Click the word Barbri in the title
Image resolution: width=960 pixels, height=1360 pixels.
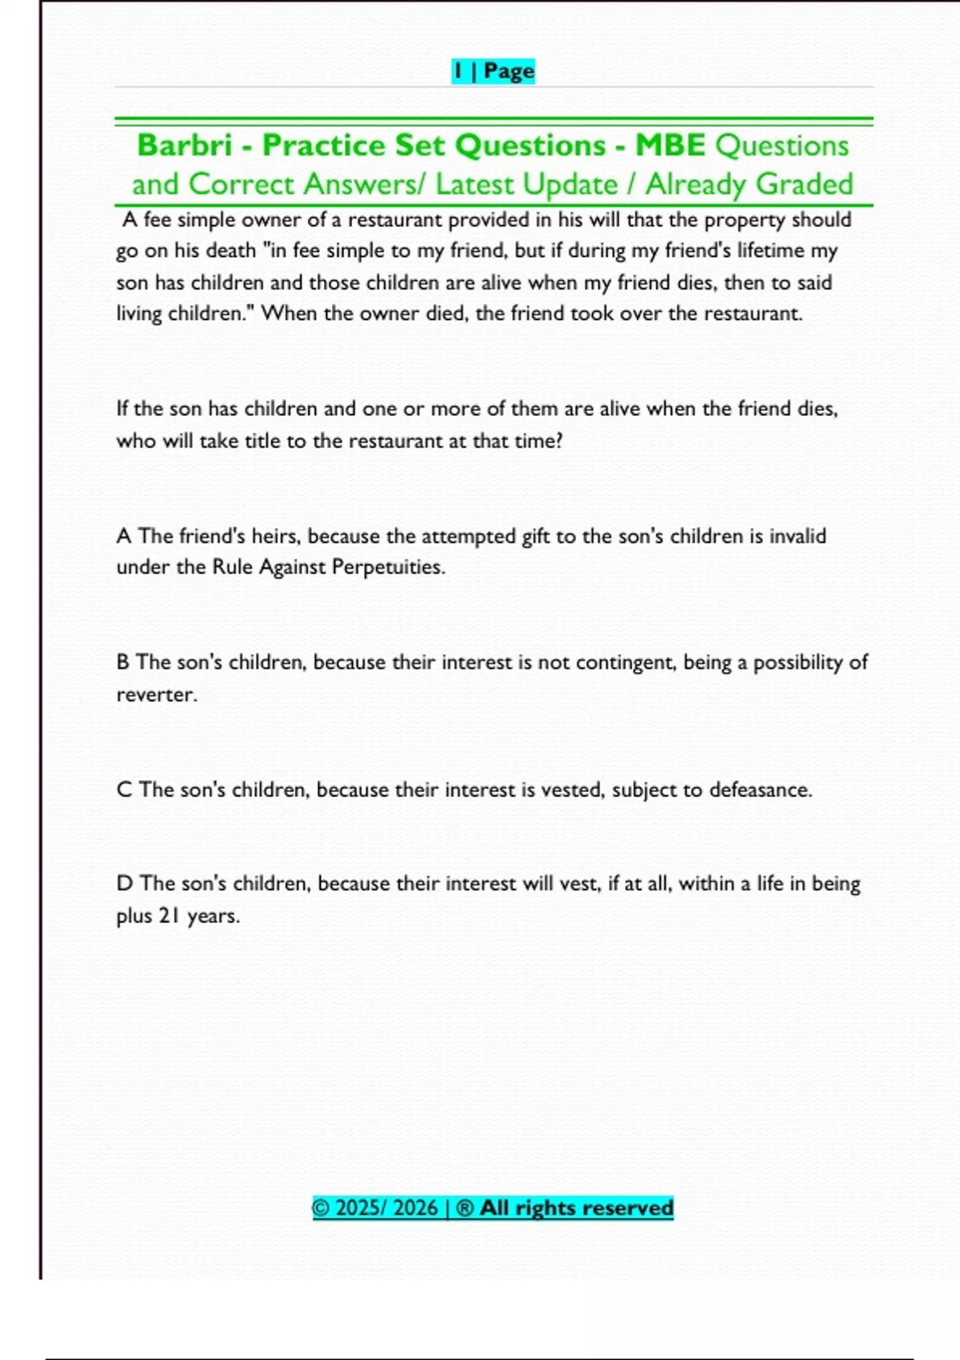(x=185, y=146)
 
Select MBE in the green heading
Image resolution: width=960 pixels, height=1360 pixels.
(x=670, y=146)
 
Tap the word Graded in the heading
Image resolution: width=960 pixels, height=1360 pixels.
(x=804, y=185)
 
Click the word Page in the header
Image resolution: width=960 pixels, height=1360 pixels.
(x=509, y=71)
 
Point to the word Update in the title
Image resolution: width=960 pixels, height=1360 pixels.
(x=571, y=185)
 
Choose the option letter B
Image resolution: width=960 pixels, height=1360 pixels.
(x=122, y=662)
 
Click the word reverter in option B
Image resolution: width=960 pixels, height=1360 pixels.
(x=156, y=694)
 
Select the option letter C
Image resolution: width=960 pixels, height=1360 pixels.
(x=123, y=790)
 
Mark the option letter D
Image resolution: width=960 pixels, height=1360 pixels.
(x=124, y=884)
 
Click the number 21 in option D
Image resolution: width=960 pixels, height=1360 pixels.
(x=168, y=916)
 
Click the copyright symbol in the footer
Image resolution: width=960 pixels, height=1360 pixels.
(x=321, y=1208)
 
